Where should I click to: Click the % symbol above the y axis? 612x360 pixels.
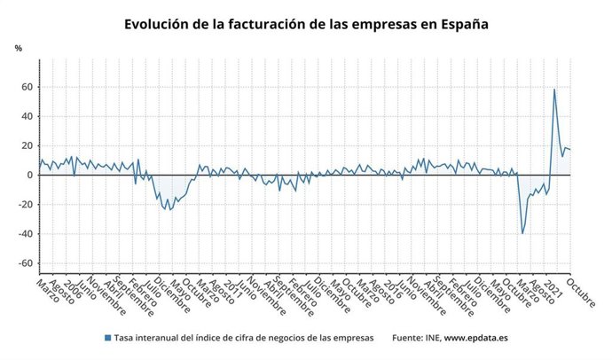pos(18,47)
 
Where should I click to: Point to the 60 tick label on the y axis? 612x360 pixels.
pos(27,87)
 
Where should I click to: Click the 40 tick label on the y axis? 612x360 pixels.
pos(27,116)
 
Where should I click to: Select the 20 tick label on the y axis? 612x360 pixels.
pos(27,145)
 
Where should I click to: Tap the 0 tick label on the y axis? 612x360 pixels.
pos(29,175)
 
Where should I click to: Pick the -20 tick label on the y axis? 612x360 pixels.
pos(25,204)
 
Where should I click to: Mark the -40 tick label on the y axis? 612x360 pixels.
pos(25,234)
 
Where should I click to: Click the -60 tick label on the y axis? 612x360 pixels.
pos(25,263)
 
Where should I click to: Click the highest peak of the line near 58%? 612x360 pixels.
pos(554,90)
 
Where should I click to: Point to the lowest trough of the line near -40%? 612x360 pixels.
pos(522,233)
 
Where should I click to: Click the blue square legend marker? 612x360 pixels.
pos(108,338)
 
